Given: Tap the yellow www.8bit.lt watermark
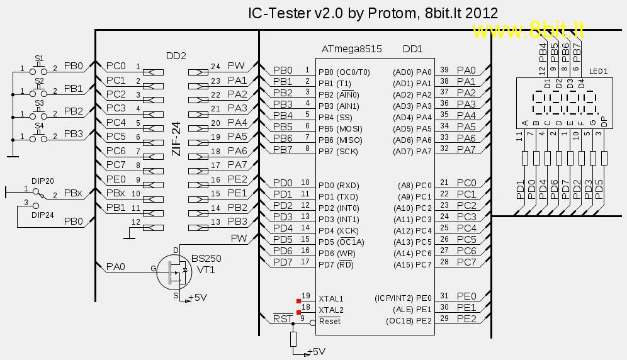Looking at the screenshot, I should click(x=529, y=30).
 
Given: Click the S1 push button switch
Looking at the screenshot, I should click(x=39, y=69).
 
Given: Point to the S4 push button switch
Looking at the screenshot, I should click(x=39, y=136).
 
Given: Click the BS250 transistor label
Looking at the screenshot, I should click(x=206, y=259).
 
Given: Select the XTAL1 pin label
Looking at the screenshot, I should click(x=331, y=298).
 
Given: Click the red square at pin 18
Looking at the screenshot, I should click(x=300, y=310).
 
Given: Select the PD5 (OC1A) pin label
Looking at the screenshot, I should click(x=341, y=242).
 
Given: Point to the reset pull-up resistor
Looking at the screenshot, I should click(x=293, y=339).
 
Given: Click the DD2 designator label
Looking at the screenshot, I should click(x=176, y=55).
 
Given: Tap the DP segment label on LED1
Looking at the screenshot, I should click(x=604, y=121).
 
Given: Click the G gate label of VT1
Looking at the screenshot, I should click(x=153, y=269).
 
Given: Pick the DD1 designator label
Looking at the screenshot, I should click(x=412, y=49).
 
